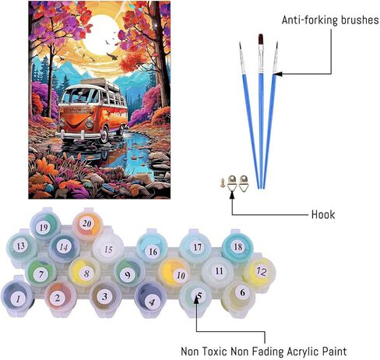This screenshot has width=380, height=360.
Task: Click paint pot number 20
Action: (86, 224)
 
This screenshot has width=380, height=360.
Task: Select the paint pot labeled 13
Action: (21, 246)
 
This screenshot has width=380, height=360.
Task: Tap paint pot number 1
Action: (18, 298)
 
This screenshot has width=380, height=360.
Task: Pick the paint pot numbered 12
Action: (260, 271)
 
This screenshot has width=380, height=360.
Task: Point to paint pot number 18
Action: (237, 246)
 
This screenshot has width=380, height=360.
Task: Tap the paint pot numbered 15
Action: (108, 249)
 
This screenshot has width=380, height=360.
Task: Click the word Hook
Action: (323, 214)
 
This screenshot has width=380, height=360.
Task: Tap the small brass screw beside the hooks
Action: (223, 182)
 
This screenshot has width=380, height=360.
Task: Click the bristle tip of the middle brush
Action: (261, 40)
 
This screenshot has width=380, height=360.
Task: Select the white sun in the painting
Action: (102, 35)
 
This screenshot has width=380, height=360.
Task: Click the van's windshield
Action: (79, 96)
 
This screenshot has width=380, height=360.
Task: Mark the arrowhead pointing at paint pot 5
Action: (196, 300)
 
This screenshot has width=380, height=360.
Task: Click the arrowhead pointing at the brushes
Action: (276, 74)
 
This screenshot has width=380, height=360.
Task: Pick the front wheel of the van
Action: (104, 134)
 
